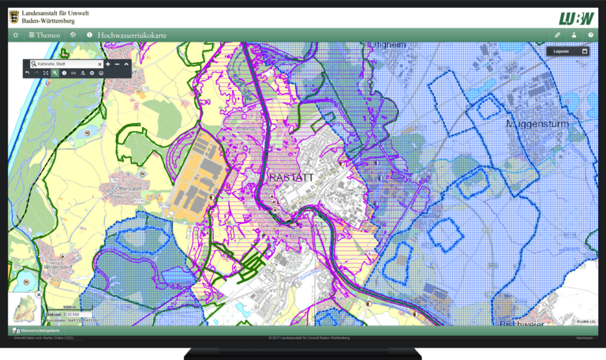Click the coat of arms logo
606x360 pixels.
(14, 15)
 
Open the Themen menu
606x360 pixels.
(44, 35)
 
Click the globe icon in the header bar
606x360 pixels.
(73, 35)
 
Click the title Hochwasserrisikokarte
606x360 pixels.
(132, 35)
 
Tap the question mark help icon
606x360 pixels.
(589, 35)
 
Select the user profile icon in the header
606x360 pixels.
(574, 35)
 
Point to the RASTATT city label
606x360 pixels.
(291, 178)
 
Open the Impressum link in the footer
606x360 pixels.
(585, 337)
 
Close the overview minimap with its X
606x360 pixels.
(39, 294)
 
